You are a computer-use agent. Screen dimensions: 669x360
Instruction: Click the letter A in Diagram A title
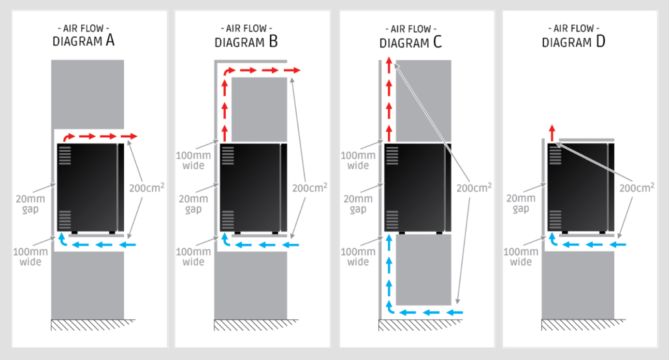[x=110, y=40]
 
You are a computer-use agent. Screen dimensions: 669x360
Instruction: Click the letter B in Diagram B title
[x=273, y=41]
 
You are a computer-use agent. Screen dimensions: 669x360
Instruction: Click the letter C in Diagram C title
[x=437, y=42]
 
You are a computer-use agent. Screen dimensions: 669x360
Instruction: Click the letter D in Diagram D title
[x=601, y=41]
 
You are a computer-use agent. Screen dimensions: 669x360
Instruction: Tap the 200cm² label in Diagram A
[x=146, y=188]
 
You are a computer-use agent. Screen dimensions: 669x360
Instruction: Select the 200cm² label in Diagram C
[x=474, y=188]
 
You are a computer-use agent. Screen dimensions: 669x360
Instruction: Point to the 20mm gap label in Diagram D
[x=521, y=203]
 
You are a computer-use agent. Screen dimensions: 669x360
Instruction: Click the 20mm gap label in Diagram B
[x=193, y=204]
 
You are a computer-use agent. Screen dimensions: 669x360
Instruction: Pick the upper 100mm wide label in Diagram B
[x=193, y=160]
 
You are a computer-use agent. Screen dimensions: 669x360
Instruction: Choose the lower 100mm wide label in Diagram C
[x=358, y=257]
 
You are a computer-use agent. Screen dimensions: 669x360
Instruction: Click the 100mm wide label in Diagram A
[x=30, y=257]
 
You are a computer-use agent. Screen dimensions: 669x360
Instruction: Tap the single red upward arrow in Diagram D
[x=552, y=133]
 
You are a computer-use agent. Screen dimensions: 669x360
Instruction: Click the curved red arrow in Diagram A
[x=69, y=137]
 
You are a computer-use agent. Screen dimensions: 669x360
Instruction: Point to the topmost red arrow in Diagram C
[x=389, y=65]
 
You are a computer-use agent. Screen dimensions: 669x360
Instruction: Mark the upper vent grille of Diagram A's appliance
[x=65, y=155]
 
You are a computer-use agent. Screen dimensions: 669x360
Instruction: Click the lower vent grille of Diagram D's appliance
[x=555, y=220]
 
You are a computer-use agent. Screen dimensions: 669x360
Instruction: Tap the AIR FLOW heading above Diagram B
[x=247, y=29]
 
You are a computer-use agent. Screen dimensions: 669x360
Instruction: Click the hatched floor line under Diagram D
[x=583, y=325]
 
